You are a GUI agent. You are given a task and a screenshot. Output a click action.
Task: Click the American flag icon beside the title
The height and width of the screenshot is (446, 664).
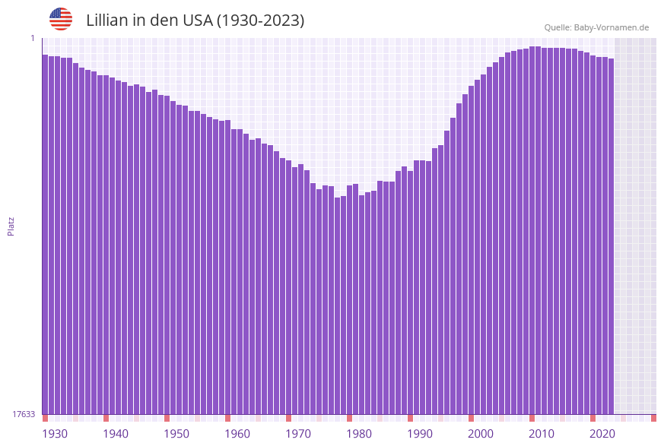tap(61, 19)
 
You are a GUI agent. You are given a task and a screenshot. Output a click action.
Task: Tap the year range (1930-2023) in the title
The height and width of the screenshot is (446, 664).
tap(260, 21)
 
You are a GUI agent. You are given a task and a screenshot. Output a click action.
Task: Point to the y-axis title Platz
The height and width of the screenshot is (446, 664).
tap(11, 226)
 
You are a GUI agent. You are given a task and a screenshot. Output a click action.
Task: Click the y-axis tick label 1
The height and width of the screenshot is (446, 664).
tap(33, 38)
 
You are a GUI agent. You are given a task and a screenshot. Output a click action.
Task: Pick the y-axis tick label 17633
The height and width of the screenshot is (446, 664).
tap(24, 414)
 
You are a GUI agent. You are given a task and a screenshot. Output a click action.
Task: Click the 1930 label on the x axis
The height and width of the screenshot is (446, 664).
tap(55, 434)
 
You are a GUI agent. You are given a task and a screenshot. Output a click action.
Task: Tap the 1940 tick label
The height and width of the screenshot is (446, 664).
tap(116, 434)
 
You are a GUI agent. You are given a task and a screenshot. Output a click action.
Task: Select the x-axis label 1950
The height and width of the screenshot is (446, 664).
tap(176, 434)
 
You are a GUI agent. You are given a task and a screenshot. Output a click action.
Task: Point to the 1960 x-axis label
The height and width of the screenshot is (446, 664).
tap(237, 434)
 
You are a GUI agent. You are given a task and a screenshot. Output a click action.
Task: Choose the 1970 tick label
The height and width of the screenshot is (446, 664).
tap(298, 434)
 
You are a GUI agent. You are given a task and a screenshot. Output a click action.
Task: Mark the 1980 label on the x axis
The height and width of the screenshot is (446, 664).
tap(359, 434)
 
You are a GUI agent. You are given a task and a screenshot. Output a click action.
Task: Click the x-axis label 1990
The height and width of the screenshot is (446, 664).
tap(420, 434)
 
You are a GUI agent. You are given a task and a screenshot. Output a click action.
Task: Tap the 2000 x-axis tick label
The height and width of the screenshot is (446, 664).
tap(481, 434)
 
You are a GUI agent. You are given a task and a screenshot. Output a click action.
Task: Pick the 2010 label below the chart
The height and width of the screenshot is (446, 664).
tap(542, 434)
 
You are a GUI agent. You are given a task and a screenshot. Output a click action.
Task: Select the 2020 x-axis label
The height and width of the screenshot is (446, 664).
tap(602, 434)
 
